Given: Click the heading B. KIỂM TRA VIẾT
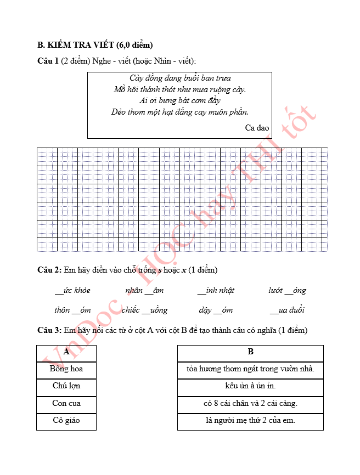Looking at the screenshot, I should pyautogui.click(x=94, y=44).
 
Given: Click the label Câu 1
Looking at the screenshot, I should pyautogui.click(x=48, y=60).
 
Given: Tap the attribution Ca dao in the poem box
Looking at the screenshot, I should pyautogui.click(x=257, y=128).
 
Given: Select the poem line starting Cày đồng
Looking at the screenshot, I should pyautogui.click(x=180, y=78).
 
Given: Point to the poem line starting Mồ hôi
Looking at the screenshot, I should pyautogui.click(x=180, y=89).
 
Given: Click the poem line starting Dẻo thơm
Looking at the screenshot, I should pyautogui.click(x=180, y=112).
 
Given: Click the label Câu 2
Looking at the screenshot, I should pyautogui.click(x=48, y=270).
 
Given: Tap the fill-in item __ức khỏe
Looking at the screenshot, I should pyautogui.click(x=72, y=290).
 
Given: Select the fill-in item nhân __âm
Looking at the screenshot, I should pyautogui.click(x=144, y=290).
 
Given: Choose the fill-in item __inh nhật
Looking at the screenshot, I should pyautogui.click(x=216, y=290).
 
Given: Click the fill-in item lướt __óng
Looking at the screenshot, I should pyautogui.click(x=287, y=290).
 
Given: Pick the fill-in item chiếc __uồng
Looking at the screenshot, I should pyautogui.click(x=144, y=310).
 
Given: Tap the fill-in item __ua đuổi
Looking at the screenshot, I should pyautogui.click(x=287, y=310).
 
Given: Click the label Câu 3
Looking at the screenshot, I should pyautogui.click(x=48, y=330).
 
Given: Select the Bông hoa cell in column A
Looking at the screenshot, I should pyautogui.click(x=66, y=369).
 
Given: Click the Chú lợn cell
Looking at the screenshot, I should pyautogui.click(x=66, y=386).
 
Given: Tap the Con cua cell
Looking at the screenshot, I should pyautogui.click(x=66, y=404).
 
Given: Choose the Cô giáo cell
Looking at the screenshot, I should pyautogui.click(x=66, y=421).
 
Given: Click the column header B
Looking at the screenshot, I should pyautogui.click(x=250, y=352).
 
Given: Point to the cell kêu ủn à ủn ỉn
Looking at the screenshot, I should pyautogui.click(x=250, y=386).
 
